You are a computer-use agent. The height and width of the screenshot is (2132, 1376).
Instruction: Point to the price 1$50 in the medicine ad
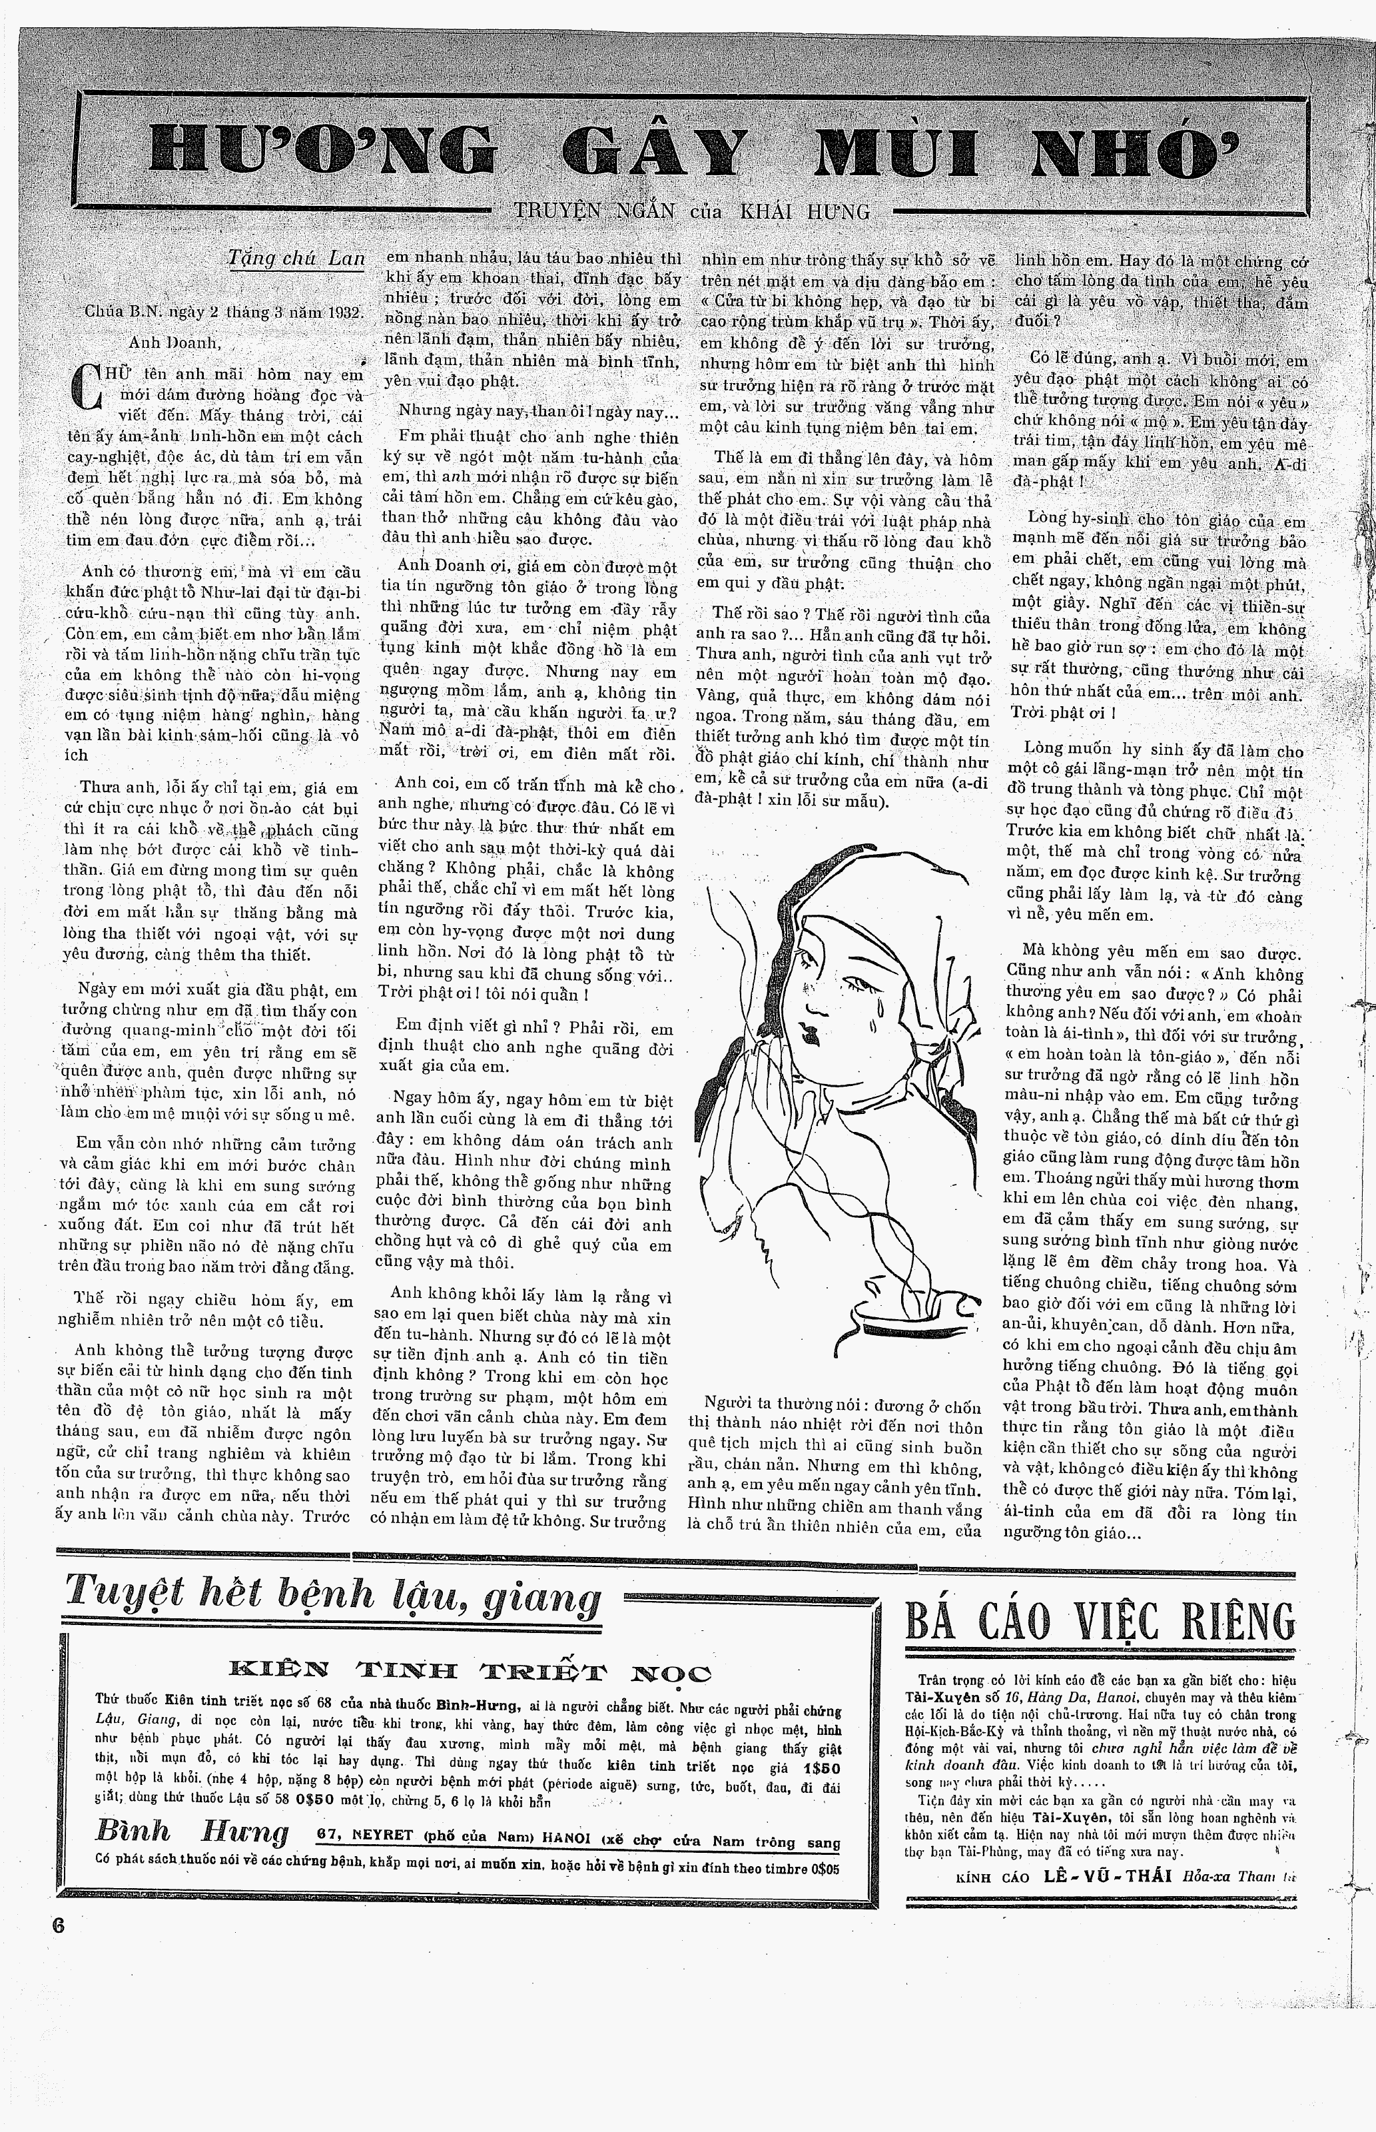[821, 1768]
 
